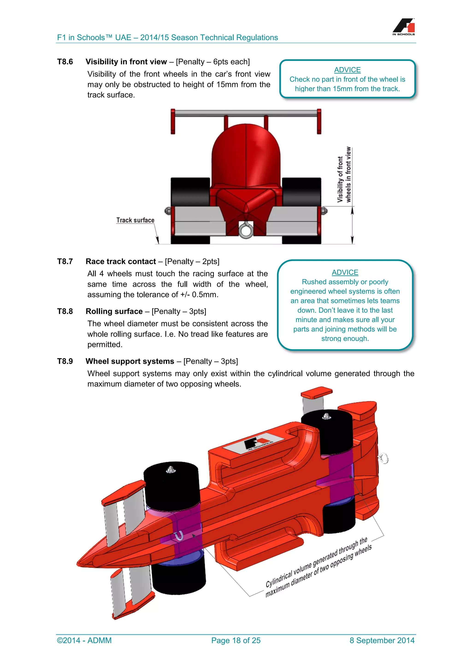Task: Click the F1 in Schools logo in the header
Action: pyautogui.click(x=404, y=27)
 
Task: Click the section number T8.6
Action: pyautogui.click(x=65, y=62)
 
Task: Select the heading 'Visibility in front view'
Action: pyautogui.click(x=126, y=62)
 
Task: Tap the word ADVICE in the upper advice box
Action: pyautogui.click(x=347, y=70)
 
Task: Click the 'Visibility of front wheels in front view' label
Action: pyautogui.click(x=344, y=175)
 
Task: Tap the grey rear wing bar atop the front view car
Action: pyautogui.click(x=246, y=113)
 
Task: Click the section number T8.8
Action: pyautogui.click(x=65, y=311)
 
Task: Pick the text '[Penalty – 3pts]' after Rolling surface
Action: pyautogui.click(x=179, y=311)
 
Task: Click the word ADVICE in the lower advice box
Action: pyautogui.click(x=345, y=272)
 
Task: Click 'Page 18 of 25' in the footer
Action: pyautogui.click(x=236, y=640)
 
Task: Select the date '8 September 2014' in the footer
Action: pyautogui.click(x=382, y=640)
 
